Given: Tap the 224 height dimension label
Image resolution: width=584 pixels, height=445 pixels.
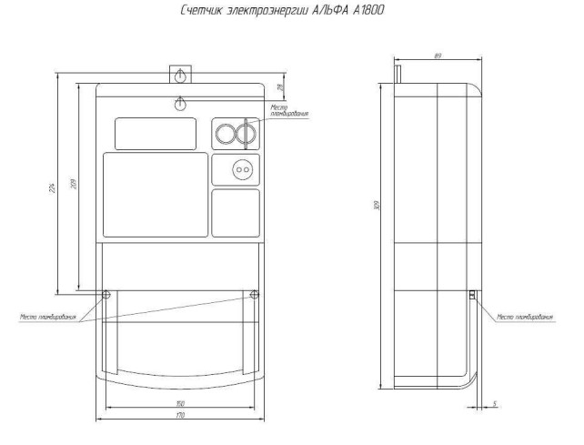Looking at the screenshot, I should [x=54, y=187].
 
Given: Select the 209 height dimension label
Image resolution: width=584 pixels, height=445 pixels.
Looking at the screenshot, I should [x=74, y=187].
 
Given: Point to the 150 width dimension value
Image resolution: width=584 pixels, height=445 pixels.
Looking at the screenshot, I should [x=182, y=401].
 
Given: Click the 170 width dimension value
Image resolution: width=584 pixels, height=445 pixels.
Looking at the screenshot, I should [x=182, y=415].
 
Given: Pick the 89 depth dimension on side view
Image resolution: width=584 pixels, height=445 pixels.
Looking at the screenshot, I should [x=438, y=56].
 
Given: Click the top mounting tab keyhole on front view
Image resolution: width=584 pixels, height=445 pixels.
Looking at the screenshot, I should [x=181, y=75].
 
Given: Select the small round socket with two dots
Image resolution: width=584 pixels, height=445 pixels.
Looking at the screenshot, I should [x=241, y=169].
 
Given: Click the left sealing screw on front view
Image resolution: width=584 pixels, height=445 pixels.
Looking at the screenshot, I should [x=106, y=295].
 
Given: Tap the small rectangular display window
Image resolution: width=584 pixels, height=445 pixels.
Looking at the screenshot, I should [x=155, y=134].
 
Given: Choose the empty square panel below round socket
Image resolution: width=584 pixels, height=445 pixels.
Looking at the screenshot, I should [x=236, y=213].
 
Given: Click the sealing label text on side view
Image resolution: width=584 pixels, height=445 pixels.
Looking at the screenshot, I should [x=525, y=318].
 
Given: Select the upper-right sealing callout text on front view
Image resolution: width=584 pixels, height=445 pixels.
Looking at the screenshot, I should [x=289, y=111].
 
